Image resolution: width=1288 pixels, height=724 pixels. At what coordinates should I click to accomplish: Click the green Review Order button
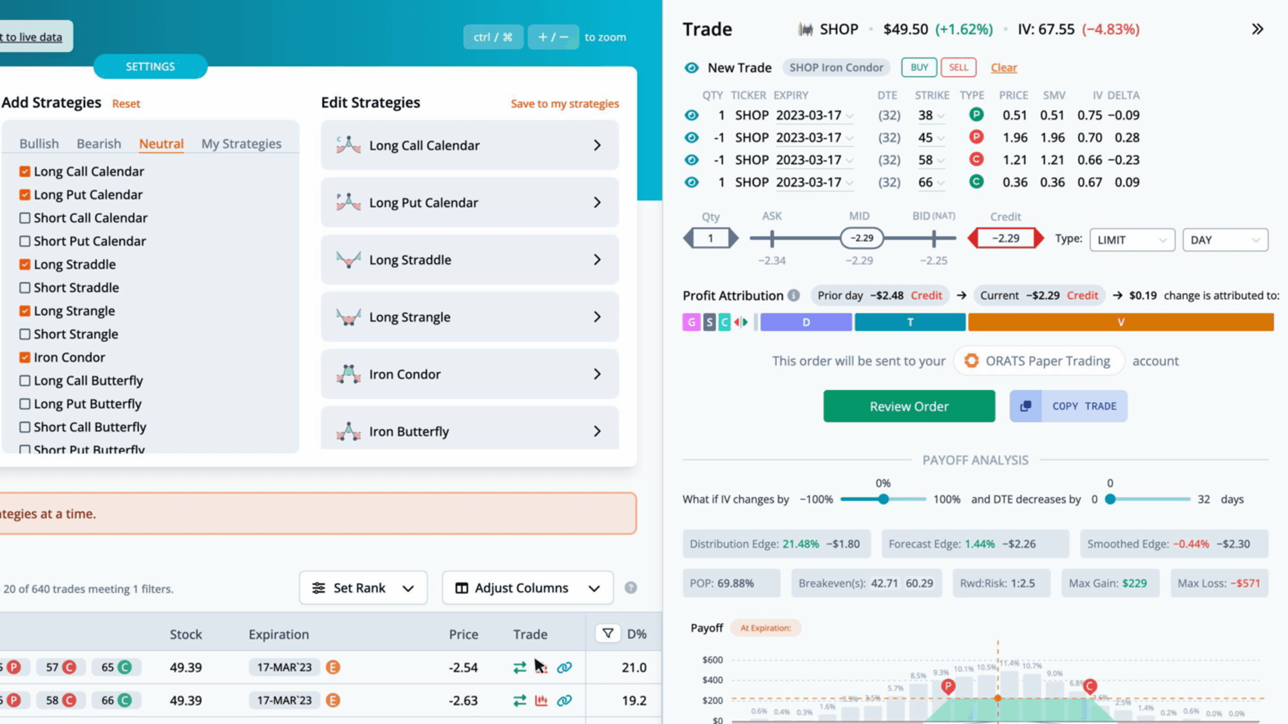click(909, 406)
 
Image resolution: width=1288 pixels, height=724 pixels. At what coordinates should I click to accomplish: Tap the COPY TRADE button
click(1068, 406)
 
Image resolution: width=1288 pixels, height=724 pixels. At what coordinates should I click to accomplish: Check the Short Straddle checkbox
click(25, 288)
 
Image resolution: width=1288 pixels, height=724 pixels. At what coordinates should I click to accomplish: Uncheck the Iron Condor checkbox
click(25, 357)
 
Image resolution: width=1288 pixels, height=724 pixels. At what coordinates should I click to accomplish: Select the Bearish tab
click(99, 144)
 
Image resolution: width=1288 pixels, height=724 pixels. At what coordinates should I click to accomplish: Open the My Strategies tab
click(241, 144)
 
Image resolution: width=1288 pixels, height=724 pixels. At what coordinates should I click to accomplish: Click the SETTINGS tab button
click(150, 66)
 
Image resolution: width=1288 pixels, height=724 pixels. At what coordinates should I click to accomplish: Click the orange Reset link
click(126, 104)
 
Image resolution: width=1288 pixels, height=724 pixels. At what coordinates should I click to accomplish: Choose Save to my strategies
click(565, 104)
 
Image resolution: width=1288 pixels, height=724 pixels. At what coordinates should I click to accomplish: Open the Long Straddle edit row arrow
click(597, 259)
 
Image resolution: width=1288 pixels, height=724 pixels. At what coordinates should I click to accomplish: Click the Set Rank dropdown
click(363, 588)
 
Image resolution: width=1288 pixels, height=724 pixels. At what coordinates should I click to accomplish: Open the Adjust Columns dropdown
click(527, 588)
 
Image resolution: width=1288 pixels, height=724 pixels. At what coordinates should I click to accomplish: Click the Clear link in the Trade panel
click(1003, 68)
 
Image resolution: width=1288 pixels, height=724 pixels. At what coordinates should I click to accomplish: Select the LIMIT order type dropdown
click(1132, 240)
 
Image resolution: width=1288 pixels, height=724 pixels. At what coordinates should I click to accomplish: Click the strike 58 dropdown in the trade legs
click(931, 160)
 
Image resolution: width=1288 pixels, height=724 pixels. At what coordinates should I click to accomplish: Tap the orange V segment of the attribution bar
click(1121, 322)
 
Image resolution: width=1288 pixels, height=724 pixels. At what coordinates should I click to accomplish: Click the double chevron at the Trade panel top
click(1257, 29)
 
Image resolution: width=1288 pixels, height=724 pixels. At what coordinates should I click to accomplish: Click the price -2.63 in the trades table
click(463, 700)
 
